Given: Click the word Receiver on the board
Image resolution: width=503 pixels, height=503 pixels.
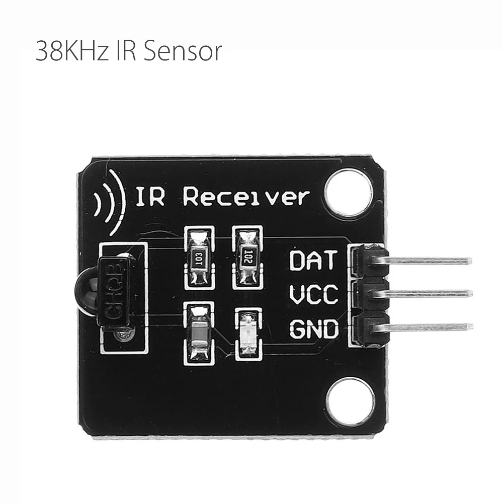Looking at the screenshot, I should coord(245,197).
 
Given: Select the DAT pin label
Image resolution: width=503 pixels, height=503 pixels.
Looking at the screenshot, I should coord(312,261).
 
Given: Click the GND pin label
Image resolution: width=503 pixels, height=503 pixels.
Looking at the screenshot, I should coord(314,329).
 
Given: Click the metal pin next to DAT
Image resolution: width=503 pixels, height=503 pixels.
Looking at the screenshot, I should coord(428,261).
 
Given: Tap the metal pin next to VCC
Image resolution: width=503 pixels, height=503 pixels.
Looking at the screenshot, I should coord(428,293).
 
